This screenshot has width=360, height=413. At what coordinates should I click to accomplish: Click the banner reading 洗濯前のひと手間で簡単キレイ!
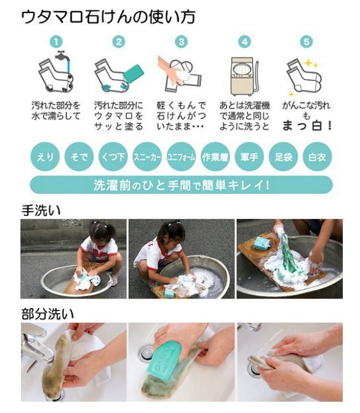point(181,185)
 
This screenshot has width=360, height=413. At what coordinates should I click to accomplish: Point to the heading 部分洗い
point(47,314)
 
